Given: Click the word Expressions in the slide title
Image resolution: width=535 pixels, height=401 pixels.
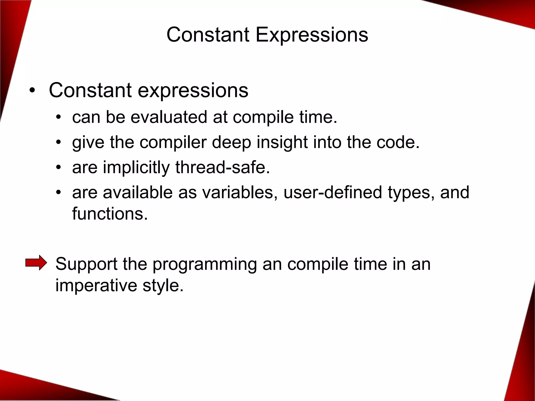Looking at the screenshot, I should pos(312,35).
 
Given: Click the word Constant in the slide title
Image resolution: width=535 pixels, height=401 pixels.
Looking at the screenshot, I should pos(208,35).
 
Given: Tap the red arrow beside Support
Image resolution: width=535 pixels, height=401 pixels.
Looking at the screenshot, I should pos(36,262).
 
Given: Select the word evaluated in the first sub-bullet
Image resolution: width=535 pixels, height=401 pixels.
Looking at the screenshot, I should pos(169,117).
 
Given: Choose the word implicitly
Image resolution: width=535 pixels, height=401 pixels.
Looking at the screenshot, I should pos(136,168).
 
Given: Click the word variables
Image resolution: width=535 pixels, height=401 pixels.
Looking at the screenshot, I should pos(239,192).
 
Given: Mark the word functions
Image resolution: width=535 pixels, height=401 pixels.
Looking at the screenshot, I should pos(110,214).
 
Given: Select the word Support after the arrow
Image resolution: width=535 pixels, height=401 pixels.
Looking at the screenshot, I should pos(86,264).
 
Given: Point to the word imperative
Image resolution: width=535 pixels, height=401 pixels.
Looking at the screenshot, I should pos(96,286).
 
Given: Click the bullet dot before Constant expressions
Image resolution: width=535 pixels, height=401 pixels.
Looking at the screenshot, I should pos(32,91).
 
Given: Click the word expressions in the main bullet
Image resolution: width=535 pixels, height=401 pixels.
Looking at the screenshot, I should pos(193,91).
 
